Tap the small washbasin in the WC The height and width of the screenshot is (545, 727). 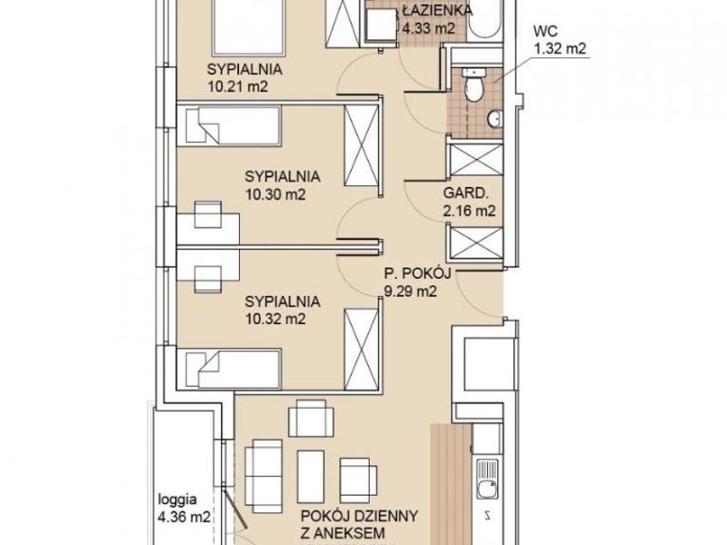(x=494, y=119)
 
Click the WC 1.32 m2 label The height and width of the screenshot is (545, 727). (x=560, y=40)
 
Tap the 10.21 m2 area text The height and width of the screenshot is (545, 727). (x=238, y=86)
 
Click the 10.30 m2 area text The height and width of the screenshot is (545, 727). (x=275, y=194)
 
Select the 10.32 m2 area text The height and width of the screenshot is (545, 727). (x=275, y=320)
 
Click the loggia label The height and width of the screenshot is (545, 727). (x=177, y=500)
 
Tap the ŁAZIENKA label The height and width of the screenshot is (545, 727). (x=437, y=10)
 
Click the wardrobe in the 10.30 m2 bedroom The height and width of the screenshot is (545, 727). (x=361, y=145)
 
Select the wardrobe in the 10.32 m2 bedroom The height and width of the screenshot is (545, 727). (x=361, y=350)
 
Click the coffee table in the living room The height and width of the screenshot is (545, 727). (x=311, y=476)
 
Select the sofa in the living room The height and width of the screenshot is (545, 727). (x=264, y=476)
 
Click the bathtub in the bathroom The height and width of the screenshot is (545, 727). (x=485, y=18)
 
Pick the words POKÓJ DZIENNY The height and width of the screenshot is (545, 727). (x=359, y=516)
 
